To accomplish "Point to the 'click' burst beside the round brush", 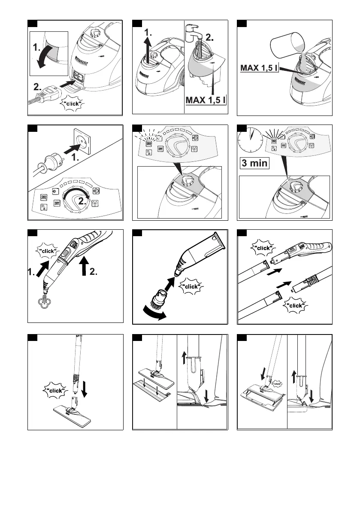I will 191,286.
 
